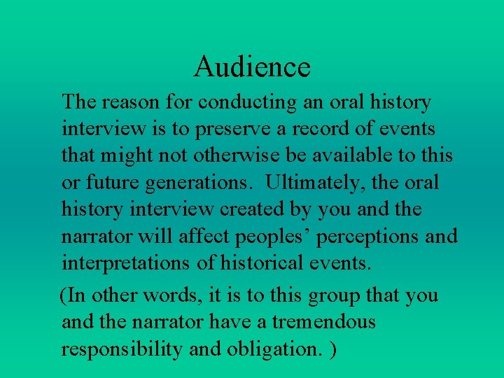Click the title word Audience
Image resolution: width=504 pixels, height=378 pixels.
point(252,67)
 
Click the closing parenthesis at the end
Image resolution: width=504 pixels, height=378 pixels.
point(332,349)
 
